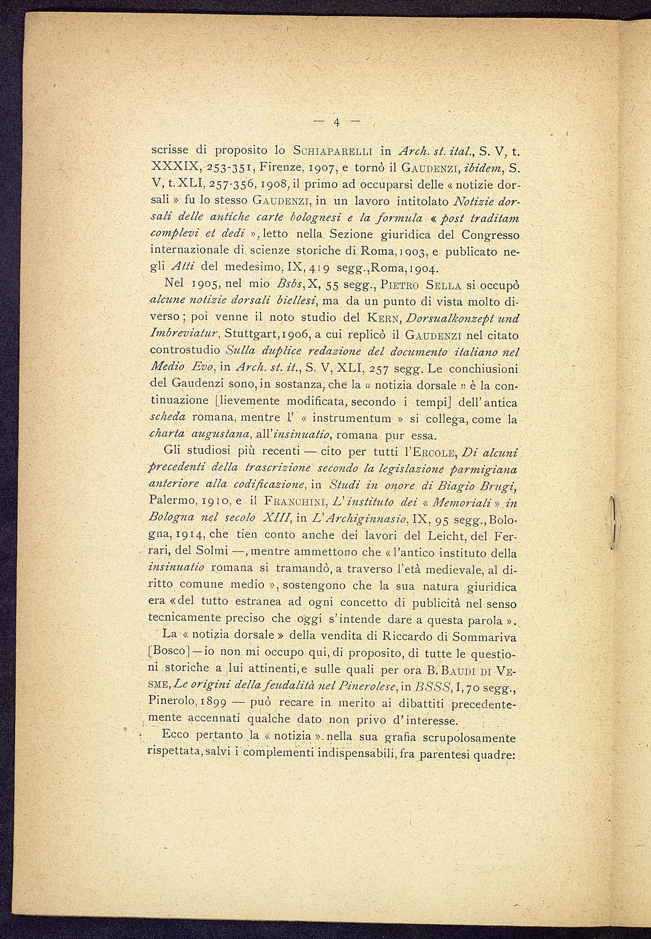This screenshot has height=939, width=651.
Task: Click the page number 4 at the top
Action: pyautogui.click(x=337, y=121)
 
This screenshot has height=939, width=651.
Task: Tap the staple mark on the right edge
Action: pyautogui.click(x=613, y=523)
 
